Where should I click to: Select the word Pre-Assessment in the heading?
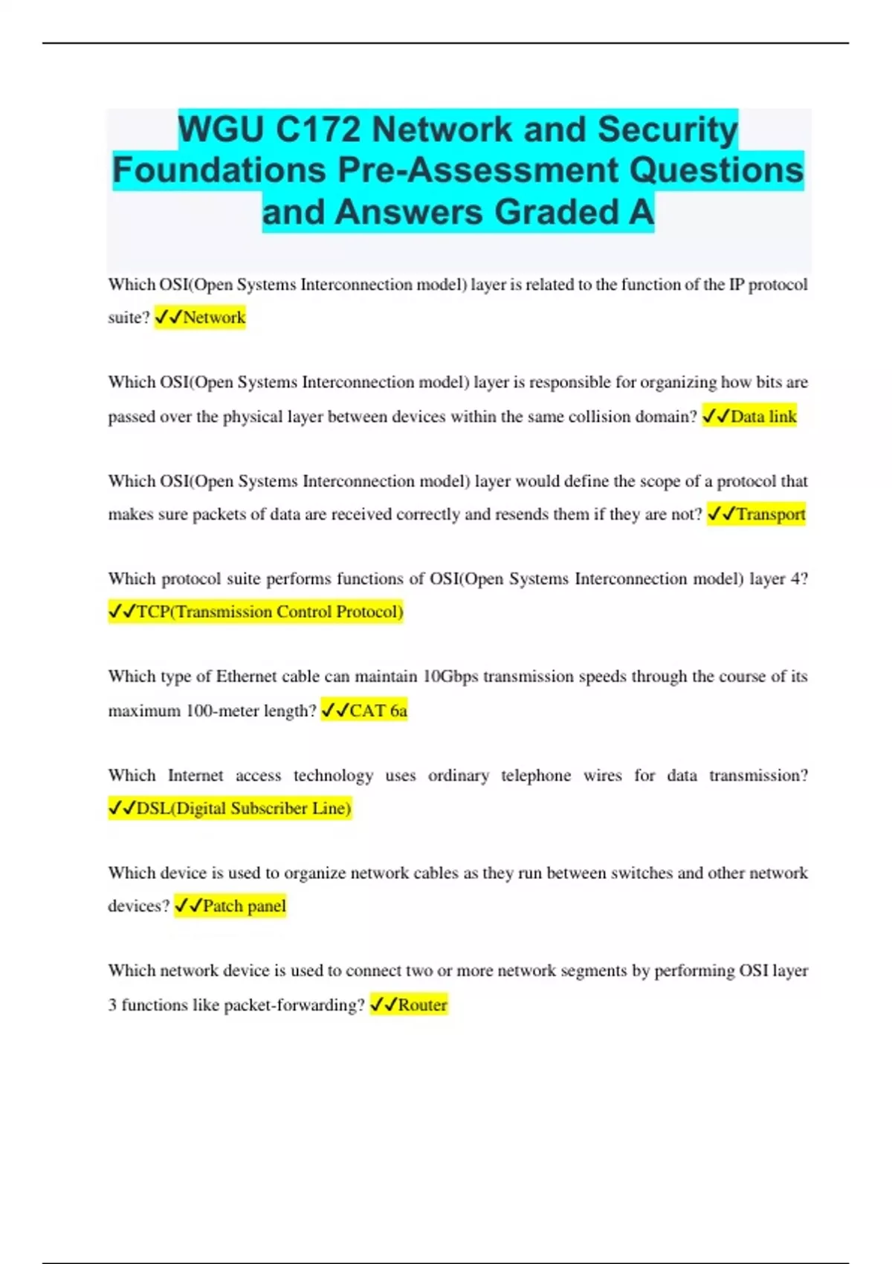pyautogui.click(x=478, y=170)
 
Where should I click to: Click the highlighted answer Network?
pyautogui.click(x=214, y=317)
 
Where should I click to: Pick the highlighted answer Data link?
pyautogui.click(x=763, y=416)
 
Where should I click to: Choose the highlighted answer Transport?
pyautogui.click(x=771, y=515)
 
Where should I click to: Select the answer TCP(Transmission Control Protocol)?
pyautogui.click(x=270, y=612)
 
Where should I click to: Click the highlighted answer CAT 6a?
pyautogui.click(x=378, y=711)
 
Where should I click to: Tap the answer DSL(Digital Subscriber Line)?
pyautogui.click(x=244, y=808)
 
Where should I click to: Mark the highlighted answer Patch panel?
pyautogui.click(x=244, y=906)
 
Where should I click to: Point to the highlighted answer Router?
pyautogui.click(x=422, y=1005)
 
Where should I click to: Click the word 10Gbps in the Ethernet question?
pyautogui.click(x=450, y=677)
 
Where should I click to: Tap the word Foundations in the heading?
pyautogui.click(x=220, y=170)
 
